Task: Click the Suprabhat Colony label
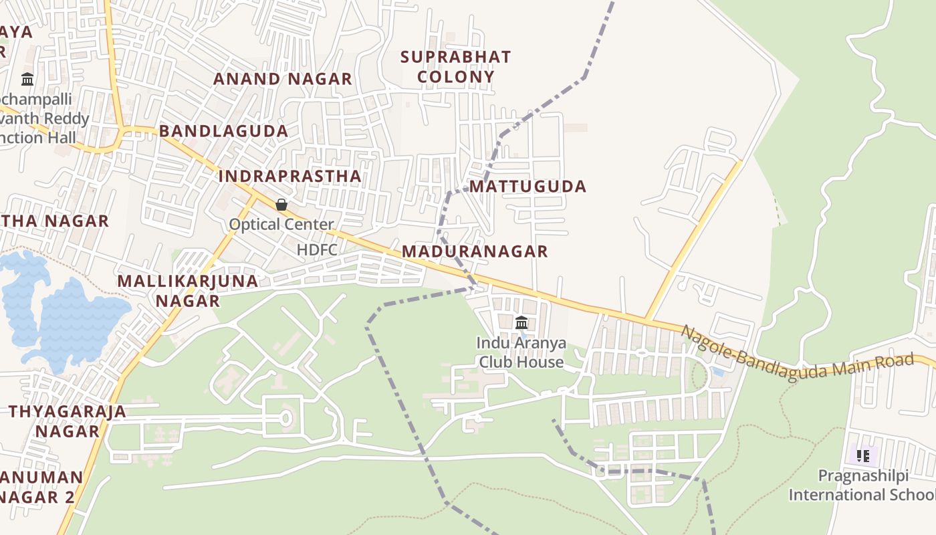click(x=455, y=67)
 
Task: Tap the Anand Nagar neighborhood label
click(x=282, y=79)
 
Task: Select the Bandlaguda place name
click(x=224, y=131)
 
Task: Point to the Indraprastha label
click(x=289, y=177)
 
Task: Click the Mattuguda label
click(x=528, y=187)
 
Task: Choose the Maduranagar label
click(x=475, y=251)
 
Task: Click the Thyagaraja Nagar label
click(x=68, y=421)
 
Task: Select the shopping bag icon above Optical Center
click(x=281, y=205)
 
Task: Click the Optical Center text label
click(x=281, y=225)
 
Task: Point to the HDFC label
click(x=318, y=250)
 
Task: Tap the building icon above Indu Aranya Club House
click(x=521, y=324)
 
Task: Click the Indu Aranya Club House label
click(x=521, y=352)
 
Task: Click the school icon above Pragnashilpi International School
click(x=862, y=457)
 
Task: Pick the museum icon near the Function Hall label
click(x=27, y=80)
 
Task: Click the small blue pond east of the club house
click(x=717, y=371)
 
